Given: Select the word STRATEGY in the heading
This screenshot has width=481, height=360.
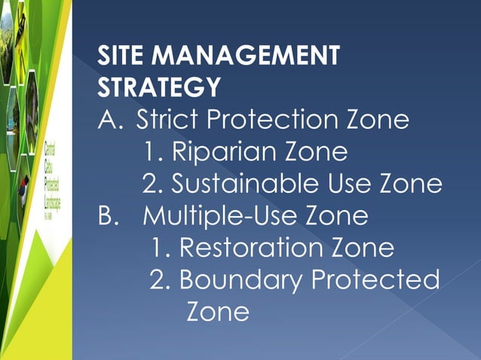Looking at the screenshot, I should pos(159,87).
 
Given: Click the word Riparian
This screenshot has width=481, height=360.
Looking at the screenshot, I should pos(222,152).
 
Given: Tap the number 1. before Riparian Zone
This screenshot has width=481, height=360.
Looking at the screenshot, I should pos(153,152).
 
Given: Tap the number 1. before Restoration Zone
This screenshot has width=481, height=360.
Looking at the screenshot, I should pos(160,248).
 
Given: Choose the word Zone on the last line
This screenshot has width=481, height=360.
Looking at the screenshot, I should pos(217,311).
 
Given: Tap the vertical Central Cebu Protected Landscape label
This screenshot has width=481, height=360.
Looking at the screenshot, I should pos(52,181).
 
